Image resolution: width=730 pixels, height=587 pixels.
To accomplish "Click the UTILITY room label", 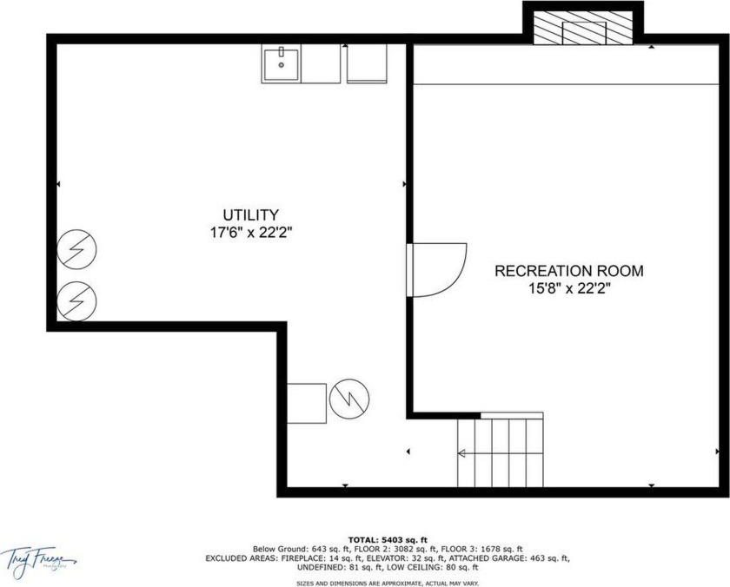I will (250, 214).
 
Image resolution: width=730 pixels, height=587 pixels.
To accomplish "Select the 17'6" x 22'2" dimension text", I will (250, 233).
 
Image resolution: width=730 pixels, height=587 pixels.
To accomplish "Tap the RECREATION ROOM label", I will (569, 271).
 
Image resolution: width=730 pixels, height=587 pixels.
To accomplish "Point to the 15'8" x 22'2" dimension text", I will (569, 289).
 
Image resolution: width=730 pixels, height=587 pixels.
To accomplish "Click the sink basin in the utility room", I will (282, 64).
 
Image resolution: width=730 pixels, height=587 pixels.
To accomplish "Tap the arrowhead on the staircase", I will (461, 452).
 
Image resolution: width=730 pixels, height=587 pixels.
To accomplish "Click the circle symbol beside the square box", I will (350, 399).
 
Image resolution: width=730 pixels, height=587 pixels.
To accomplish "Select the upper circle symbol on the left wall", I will (76, 251).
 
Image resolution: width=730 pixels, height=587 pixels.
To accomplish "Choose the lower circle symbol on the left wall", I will (76, 302).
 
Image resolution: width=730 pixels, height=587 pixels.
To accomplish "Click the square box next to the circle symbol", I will (307, 402).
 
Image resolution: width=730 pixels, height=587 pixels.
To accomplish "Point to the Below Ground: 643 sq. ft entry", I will (293, 549).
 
